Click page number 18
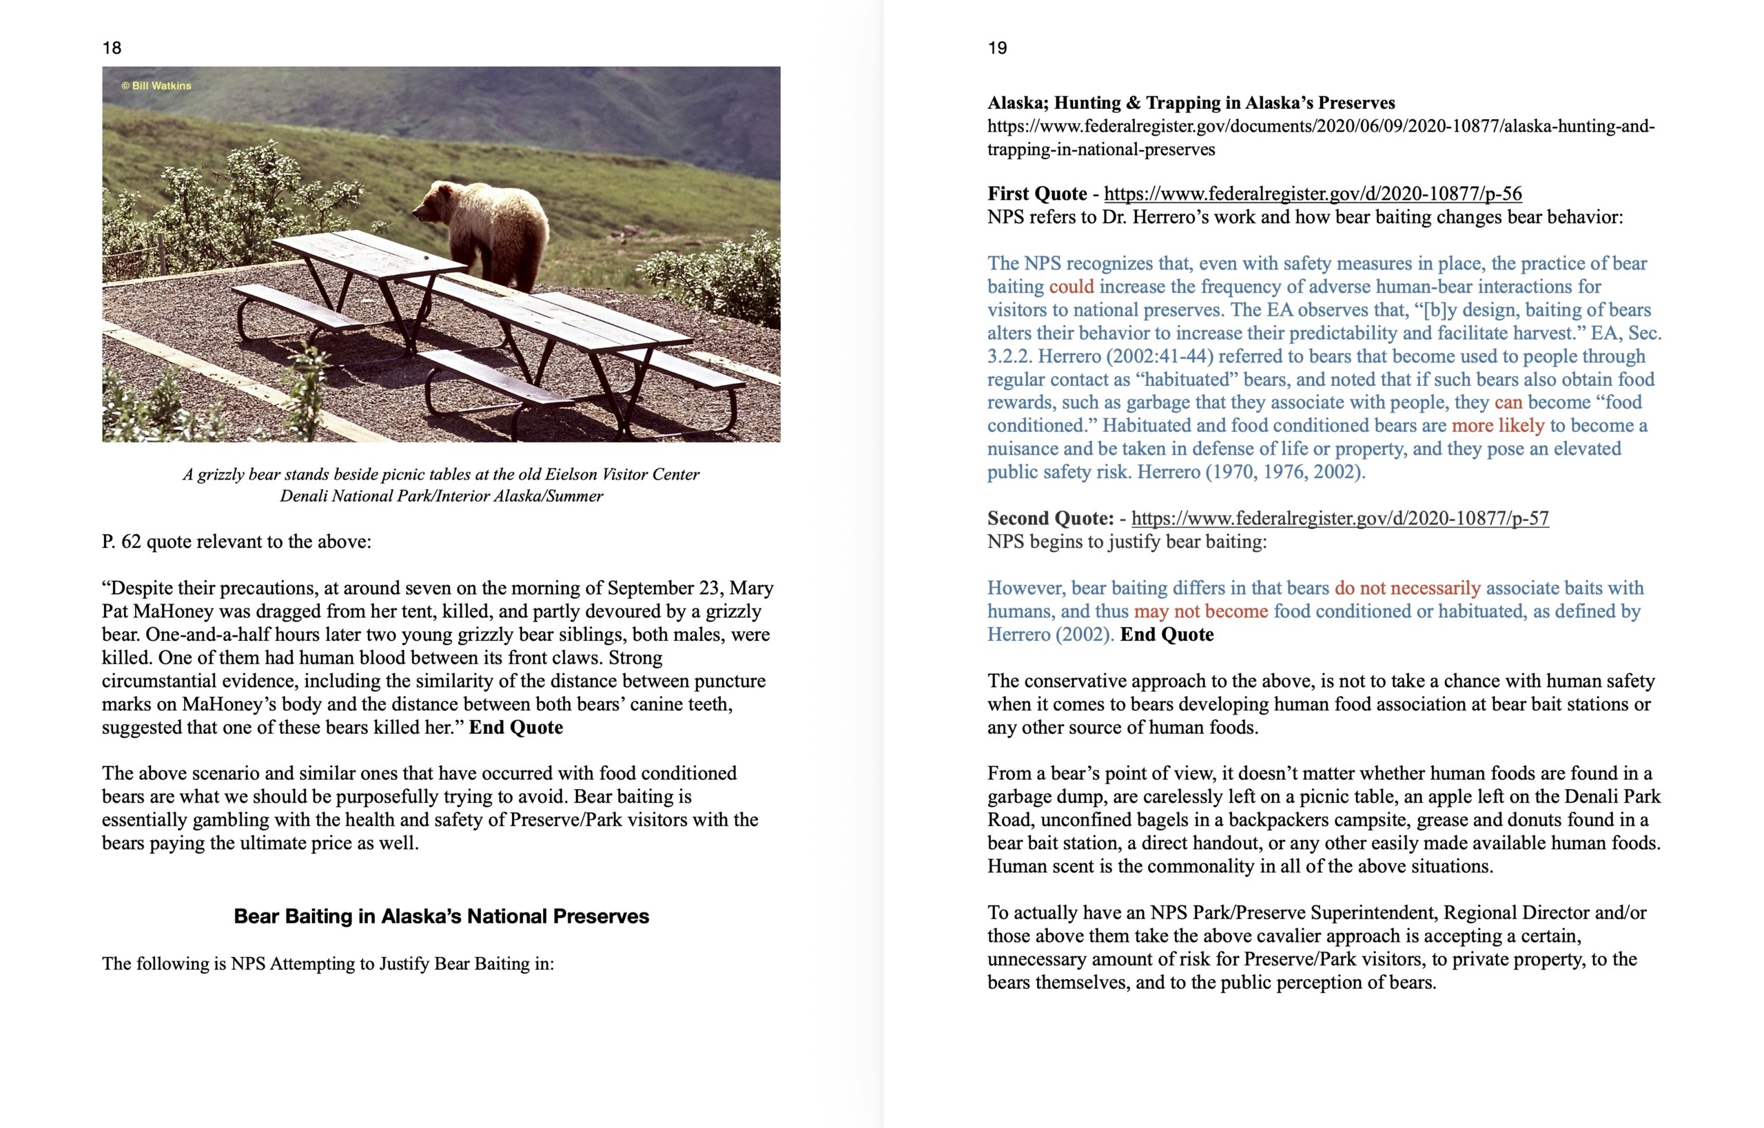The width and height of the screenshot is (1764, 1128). [x=112, y=48]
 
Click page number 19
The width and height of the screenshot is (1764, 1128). [x=997, y=48]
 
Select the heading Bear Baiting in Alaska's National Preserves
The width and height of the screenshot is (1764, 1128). [x=441, y=916]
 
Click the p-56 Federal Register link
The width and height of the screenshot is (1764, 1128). [x=1313, y=194]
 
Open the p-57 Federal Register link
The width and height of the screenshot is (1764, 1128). [x=1340, y=519]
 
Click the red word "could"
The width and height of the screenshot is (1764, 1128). [x=1071, y=287]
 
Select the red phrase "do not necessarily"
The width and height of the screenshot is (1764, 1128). [x=1406, y=588]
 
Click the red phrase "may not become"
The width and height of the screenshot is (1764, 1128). [x=1200, y=612]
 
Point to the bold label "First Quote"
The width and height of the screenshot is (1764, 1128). [x=1036, y=194]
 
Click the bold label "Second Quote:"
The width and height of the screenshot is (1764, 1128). [x=1049, y=519]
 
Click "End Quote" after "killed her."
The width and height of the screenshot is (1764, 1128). [x=515, y=728]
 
